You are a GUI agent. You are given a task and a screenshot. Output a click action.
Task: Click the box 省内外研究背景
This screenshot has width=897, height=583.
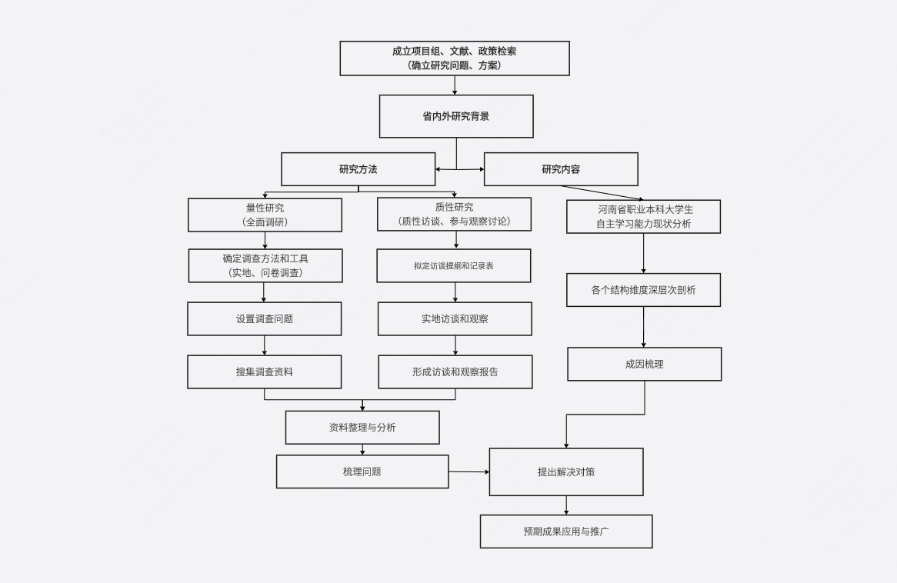456,116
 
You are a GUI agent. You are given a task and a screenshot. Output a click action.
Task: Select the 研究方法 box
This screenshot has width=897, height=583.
358,169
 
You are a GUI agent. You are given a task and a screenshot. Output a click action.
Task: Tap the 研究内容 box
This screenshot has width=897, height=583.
561,169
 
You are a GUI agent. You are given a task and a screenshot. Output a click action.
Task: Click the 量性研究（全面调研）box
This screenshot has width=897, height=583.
265,215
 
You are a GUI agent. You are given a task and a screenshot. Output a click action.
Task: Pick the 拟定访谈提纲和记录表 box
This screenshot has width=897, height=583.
454,265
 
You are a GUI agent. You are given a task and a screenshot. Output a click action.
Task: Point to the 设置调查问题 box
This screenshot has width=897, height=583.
265,318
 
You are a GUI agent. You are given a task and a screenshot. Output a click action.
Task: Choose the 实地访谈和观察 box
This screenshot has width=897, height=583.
455,318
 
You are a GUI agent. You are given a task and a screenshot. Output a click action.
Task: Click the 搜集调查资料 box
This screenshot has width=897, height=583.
265,371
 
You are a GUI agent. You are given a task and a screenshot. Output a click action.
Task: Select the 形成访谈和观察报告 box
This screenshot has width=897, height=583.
455,371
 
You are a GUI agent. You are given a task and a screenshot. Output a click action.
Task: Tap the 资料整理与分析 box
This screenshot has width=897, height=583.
362,428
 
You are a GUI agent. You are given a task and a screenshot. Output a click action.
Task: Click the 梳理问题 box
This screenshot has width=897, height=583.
362,471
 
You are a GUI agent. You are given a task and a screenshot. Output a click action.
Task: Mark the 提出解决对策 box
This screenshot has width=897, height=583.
566,472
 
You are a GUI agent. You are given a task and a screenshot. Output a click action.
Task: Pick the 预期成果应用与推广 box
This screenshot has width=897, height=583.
566,531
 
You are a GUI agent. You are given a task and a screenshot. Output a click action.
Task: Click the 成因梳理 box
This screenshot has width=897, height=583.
645,364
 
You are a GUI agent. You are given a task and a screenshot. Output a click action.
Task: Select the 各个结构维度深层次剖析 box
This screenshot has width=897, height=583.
644,290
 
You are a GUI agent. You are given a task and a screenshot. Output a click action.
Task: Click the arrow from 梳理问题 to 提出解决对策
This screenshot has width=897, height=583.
469,471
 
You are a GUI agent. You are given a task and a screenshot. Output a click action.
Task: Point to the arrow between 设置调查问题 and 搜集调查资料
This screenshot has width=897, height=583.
265,345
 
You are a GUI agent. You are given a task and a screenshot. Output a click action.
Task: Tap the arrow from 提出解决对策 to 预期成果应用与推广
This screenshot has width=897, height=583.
566,505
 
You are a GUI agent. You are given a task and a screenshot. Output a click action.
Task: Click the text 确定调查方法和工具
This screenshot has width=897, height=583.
265,258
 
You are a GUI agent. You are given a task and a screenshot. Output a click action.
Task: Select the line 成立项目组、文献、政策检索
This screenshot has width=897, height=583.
455,52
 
